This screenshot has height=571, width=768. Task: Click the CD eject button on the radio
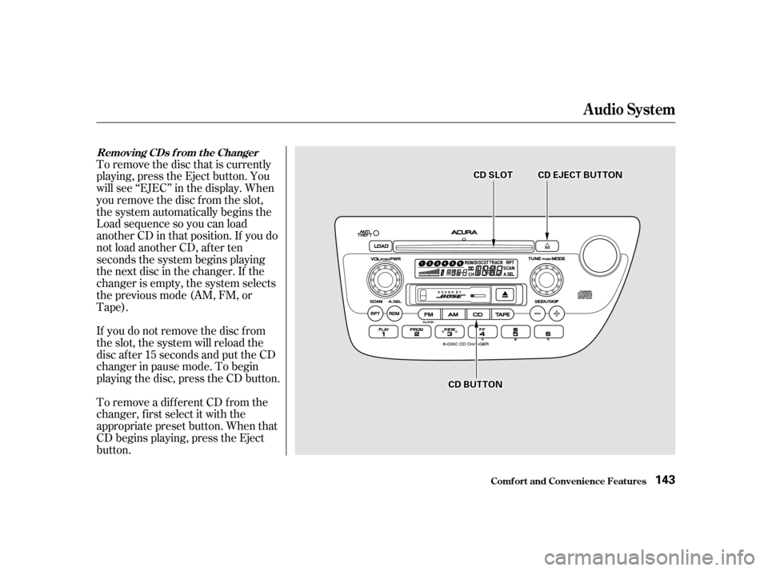tap(547, 246)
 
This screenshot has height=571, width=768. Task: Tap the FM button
tap(429, 314)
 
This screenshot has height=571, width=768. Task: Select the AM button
tap(454, 314)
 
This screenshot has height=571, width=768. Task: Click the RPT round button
tap(374, 313)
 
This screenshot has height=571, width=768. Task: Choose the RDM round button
tap(394, 313)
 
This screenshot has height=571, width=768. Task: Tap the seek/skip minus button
tap(538, 313)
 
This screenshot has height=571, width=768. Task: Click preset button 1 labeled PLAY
tap(384, 333)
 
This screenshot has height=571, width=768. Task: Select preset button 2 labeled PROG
tap(417, 333)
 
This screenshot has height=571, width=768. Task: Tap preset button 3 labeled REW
tap(450, 333)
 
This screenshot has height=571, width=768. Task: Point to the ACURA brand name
tap(464, 233)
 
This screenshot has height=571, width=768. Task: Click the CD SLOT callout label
tap(492, 174)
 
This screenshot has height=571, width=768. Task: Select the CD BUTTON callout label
tap(475, 385)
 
